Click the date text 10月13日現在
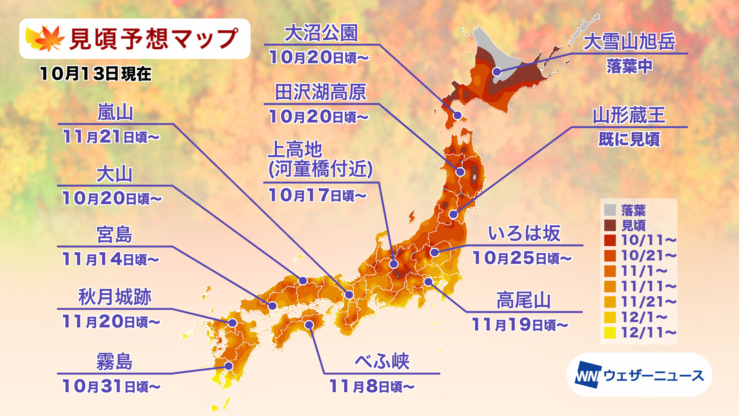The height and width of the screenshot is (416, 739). [x=95, y=74]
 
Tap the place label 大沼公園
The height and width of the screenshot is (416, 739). [x=321, y=33]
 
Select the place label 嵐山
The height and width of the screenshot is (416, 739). [x=115, y=113]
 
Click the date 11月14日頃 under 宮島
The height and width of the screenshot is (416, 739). [x=110, y=259]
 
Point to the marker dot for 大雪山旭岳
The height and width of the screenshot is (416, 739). [x=497, y=72]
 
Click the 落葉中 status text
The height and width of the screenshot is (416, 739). [x=629, y=66]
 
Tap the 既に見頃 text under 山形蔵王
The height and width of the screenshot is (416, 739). [x=629, y=139]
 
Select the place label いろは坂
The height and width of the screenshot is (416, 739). [x=524, y=233]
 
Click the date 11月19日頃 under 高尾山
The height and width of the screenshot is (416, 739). [x=520, y=325]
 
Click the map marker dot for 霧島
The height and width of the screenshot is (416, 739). [x=229, y=366]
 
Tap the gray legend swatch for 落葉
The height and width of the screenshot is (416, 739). [x=610, y=210]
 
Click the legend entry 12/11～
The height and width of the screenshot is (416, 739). [x=648, y=332]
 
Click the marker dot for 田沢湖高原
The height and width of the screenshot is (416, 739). [x=460, y=172]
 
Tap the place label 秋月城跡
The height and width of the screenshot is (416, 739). [x=115, y=297]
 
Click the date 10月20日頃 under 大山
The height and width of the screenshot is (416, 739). [x=112, y=198]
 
